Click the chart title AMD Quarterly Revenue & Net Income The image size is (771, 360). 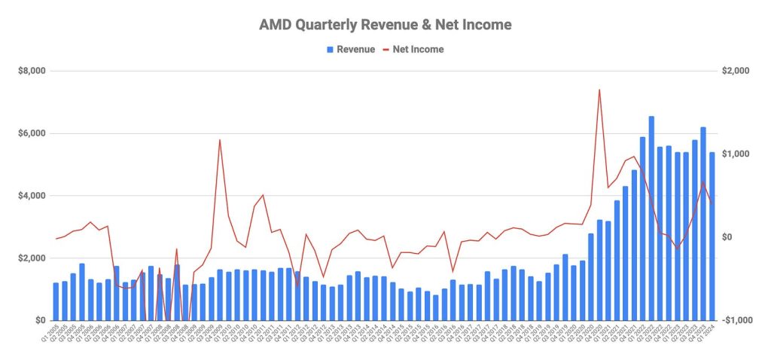pyautogui.click(x=385, y=25)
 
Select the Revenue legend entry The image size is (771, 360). pyautogui.click(x=350, y=50)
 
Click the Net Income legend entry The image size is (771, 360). pyautogui.click(x=414, y=50)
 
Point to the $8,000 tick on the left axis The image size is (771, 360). pyautogui.click(x=32, y=71)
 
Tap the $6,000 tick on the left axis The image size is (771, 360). pyautogui.click(x=32, y=133)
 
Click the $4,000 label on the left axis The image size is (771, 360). pyautogui.click(x=32, y=196)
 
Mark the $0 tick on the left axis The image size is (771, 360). pyautogui.click(x=39, y=321)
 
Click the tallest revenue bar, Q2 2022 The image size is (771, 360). pyautogui.click(x=651, y=218)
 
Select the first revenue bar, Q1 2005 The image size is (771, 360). pyautogui.click(x=56, y=301)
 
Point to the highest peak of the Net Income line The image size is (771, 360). pyautogui.click(x=599, y=90)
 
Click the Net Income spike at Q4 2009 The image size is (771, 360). pyautogui.click(x=219, y=139)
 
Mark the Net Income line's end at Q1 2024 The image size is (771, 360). pyautogui.click(x=712, y=202)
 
